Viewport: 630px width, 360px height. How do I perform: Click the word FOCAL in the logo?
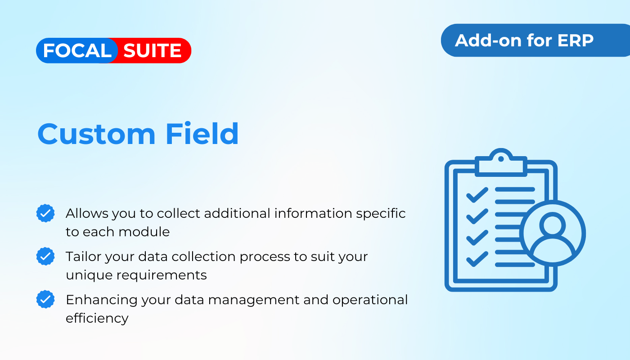pyautogui.click(x=77, y=50)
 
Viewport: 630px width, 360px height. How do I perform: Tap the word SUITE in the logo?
pyautogui.click(x=153, y=50)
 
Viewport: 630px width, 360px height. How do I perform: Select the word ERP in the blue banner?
pyautogui.click(x=576, y=40)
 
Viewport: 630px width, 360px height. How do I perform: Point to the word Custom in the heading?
pyautogui.click(x=96, y=134)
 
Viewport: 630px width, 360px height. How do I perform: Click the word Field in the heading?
pyautogui.click(x=202, y=133)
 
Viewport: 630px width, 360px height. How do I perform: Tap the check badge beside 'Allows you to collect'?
pyautogui.click(x=45, y=213)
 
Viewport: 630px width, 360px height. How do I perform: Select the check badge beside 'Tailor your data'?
pyautogui.click(x=45, y=256)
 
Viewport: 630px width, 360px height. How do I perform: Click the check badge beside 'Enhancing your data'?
pyautogui.click(x=45, y=299)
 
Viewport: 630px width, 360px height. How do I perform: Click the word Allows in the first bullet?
pyautogui.click(x=87, y=213)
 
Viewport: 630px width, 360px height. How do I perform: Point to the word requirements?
pyautogui.click(x=162, y=275)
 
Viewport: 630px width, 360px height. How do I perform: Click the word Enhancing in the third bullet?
pyautogui.click(x=102, y=300)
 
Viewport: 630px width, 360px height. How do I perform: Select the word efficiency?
pyautogui.click(x=97, y=319)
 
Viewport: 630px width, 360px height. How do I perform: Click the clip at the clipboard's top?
pyautogui.click(x=501, y=162)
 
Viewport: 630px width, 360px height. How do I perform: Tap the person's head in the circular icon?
pyautogui.click(x=553, y=225)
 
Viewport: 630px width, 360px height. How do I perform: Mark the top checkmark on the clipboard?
pyautogui.click(x=477, y=194)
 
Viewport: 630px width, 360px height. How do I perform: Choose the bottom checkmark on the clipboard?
pyautogui.click(x=477, y=259)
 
